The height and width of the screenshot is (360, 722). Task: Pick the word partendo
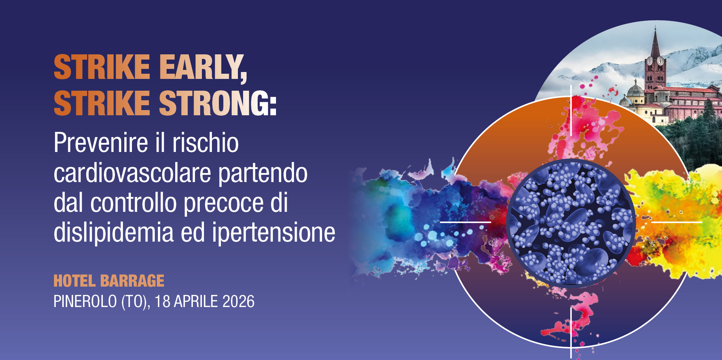pos(263,173)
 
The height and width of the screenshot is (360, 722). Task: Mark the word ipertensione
pos(274,233)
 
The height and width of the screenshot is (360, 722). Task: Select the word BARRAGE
pos(132,281)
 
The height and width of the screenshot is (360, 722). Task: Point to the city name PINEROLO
pos(85,301)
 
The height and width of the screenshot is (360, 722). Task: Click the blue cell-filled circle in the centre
pos(571,223)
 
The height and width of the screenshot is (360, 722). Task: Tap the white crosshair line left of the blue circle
pos(465,222)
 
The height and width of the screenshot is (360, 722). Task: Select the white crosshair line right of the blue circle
pos(677,222)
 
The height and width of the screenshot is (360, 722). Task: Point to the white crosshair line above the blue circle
pos(571,111)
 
